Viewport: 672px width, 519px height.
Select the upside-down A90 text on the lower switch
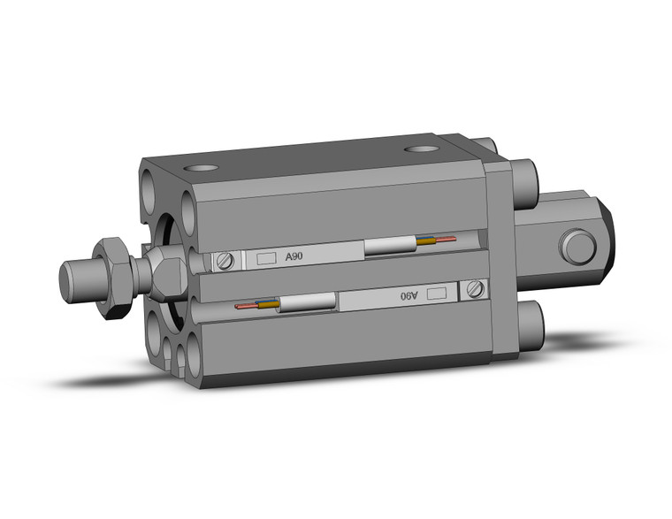[408, 295]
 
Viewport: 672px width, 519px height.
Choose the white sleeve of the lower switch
[309, 303]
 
